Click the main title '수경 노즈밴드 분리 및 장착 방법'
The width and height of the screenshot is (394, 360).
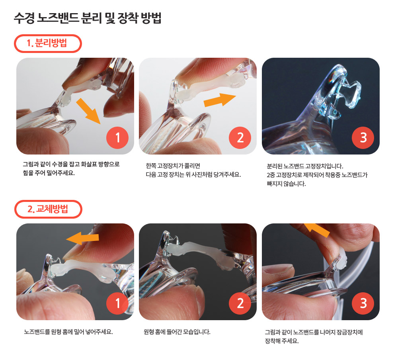[87, 18]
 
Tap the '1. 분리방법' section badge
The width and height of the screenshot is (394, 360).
[48, 43]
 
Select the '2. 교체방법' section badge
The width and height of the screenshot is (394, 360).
[48, 209]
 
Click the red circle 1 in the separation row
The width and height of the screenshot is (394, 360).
[117, 138]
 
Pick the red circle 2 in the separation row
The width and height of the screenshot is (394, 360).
[240, 138]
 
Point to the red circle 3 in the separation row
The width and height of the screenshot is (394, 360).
[363, 138]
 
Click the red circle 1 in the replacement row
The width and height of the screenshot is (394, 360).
[117, 303]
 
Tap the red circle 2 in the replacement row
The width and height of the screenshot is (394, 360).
[240, 303]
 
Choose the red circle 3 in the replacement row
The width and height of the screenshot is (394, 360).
[363, 303]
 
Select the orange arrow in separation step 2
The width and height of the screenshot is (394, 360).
[220, 100]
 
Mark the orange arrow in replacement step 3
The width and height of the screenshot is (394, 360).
[317, 229]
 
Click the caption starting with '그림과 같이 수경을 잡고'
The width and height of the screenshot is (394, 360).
[71, 169]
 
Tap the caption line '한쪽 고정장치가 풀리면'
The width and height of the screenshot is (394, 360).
[173, 166]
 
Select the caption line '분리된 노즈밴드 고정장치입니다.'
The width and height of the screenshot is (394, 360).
[305, 166]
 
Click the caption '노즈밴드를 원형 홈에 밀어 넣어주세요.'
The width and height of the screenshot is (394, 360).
[68, 332]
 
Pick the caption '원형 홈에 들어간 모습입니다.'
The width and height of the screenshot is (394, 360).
[177, 332]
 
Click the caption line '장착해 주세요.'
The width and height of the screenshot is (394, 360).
[282, 341]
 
